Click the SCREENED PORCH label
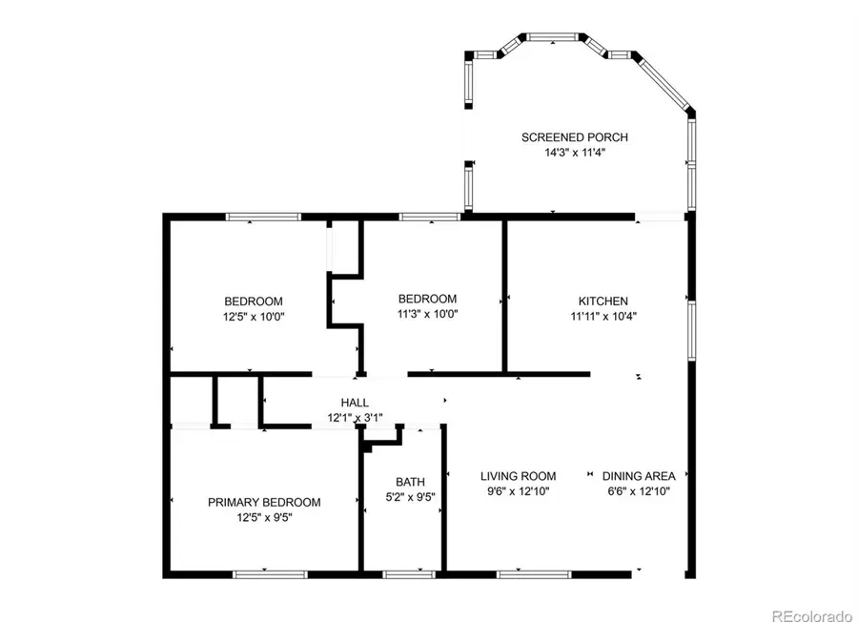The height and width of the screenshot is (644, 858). tap(574, 137)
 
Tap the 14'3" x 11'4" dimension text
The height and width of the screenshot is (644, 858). tap(574, 152)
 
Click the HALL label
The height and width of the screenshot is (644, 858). tap(355, 404)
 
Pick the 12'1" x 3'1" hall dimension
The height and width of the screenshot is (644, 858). tap(355, 418)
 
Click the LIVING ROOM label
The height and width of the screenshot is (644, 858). tap(518, 476)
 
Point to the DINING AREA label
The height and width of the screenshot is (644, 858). tap(639, 476)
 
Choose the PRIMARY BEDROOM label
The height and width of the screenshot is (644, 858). tap(264, 502)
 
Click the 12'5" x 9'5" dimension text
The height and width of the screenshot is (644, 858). tap(264, 517)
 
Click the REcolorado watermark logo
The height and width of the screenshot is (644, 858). tap(810, 617)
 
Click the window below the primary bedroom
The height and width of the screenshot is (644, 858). tap(270, 573)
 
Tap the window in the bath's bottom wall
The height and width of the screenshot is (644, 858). tap(409, 573)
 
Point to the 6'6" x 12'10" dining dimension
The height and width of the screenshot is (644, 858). tap(639, 491)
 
